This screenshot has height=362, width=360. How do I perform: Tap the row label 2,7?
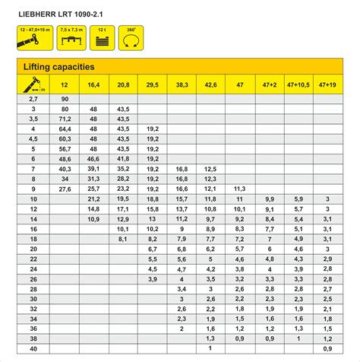(33, 99)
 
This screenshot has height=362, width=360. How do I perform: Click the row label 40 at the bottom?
(33, 348)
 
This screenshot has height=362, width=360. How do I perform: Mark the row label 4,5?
(33, 138)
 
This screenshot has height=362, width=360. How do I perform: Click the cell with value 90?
(65, 99)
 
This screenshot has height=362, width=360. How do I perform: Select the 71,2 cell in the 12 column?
(65, 119)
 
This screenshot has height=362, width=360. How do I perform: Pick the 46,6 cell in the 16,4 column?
(93, 158)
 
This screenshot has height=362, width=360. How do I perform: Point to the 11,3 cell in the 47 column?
(239, 188)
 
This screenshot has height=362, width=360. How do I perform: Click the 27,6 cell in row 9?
(65, 188)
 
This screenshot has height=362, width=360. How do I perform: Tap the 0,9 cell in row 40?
(327, 348)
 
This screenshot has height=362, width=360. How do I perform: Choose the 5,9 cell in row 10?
(298, 198)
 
